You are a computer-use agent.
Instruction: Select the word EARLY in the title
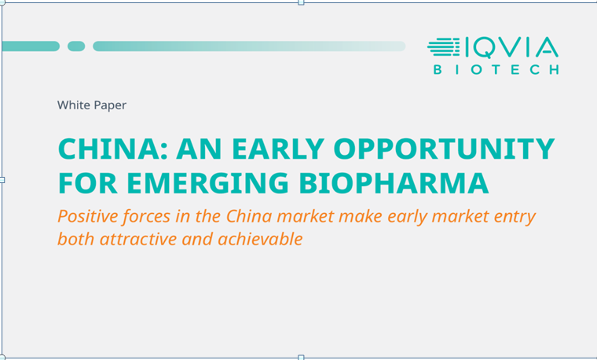[x=277, y=149]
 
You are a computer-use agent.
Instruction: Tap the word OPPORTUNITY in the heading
[x=444, y=149]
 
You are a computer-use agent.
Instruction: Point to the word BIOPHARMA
[x=394, y=183]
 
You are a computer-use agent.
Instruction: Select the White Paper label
[x=92, y=105]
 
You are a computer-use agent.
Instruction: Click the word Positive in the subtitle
[x=88, y=216]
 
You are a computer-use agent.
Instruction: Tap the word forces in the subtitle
[x=146, y=216]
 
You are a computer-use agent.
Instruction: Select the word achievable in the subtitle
[x=261, y=239]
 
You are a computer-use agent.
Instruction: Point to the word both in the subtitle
[x=76, y=239]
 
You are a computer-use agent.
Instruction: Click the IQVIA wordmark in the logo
[x=511, y=48]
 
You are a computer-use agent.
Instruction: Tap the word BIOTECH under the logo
[x=496, y=70]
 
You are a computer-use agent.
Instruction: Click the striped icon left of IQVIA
[x=444, y=47]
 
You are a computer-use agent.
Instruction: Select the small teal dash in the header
[x=76, y=46]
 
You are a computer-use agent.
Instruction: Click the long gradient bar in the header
[x=249, y=46]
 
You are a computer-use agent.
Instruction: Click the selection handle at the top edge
[x=301, y=2]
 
